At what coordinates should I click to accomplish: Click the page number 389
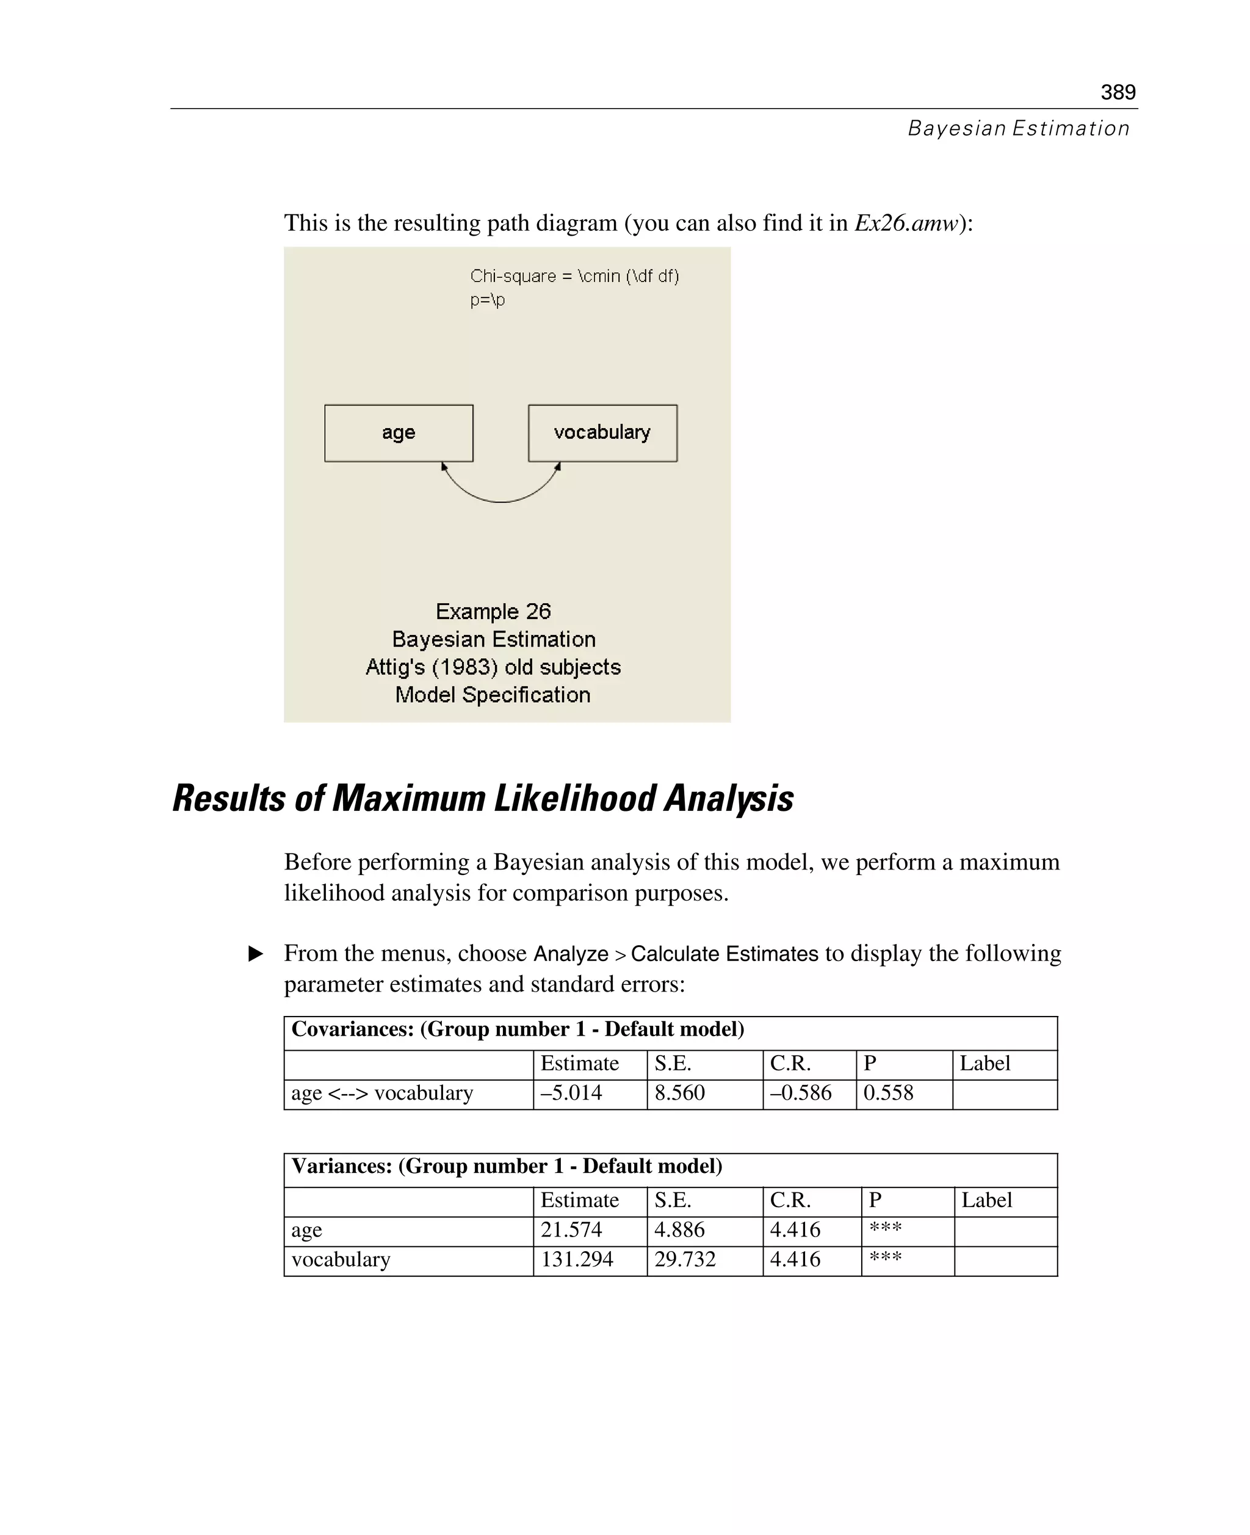[1118, 92]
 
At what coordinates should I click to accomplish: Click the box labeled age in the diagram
[398, 433]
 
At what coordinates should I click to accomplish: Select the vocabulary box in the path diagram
[602, 433]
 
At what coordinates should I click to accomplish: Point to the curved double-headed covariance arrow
[501, 500]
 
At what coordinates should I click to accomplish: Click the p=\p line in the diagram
[488, 300]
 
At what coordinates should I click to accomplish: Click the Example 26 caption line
[493, 612]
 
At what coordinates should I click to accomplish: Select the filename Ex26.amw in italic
[906, 223]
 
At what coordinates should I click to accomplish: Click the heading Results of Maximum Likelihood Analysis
[482, 798]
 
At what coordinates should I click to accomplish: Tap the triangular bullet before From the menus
[256, 954]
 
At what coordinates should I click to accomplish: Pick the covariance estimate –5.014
[571, 1093]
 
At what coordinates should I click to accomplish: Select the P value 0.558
[888, 1093]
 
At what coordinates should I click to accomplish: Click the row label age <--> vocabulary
[381, 1093]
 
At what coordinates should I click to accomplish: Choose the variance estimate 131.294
[577, 1259]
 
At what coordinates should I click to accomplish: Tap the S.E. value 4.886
[679, 1230]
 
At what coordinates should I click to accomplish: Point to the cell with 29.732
[685, 1259]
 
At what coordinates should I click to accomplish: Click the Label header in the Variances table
[986, 1200]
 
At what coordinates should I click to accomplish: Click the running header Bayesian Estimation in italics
[1018, 128]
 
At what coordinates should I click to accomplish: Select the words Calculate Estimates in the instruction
[724, 954]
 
